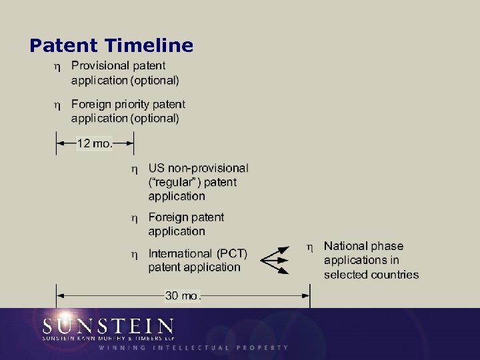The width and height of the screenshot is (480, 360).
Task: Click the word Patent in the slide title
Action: point(64,45)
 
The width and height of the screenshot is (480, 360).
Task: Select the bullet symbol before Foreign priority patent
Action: point(57,105)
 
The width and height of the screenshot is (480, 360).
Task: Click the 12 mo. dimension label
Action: point(94,143)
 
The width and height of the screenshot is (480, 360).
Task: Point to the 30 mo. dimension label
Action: point(182,295)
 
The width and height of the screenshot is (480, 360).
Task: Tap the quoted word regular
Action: point(175,182)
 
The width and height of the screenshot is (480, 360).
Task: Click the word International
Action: point(180,253)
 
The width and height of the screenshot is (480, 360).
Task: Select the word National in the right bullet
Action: point(345,246)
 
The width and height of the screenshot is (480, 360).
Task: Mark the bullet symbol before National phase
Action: point(309,247)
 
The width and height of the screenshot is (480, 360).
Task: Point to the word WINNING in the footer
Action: point(121,347)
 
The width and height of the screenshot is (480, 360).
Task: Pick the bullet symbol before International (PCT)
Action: point(134,255)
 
